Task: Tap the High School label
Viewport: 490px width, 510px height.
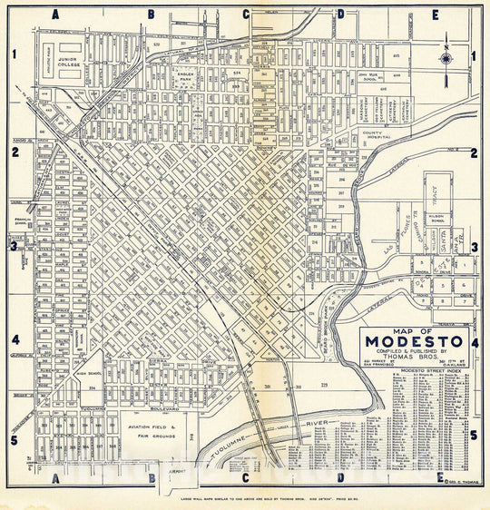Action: click(x=88, y=374)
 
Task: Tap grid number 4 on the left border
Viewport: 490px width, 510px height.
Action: click(x=14, y=341)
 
